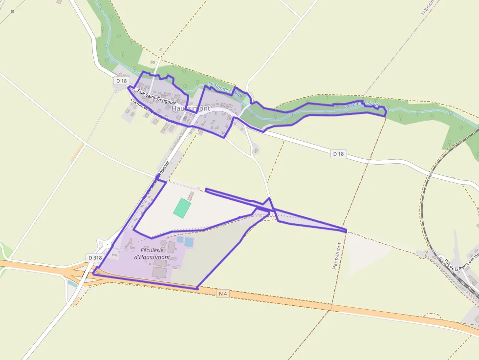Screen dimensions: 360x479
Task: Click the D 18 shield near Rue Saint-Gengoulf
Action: [122, 80]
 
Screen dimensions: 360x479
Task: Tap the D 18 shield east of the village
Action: [338, 154]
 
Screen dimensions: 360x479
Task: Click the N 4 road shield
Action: [223, 294]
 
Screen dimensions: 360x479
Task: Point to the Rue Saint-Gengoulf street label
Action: [156, 97]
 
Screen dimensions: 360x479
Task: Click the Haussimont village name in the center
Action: [191, 108]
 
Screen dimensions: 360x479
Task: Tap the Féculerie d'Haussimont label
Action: [152, 253]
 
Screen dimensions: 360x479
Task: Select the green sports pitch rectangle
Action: [182, 208]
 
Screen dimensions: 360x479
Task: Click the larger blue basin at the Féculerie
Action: [189, 242]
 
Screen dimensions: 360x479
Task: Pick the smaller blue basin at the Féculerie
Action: [180, 240]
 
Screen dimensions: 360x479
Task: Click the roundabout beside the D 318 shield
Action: [105, 244]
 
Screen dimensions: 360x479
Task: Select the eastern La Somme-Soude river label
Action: [362, 104]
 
